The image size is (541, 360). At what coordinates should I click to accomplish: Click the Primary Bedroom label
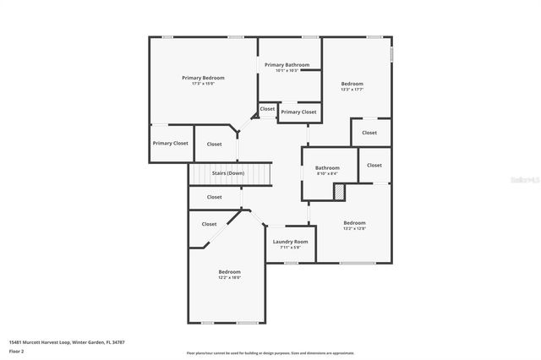point(203,78)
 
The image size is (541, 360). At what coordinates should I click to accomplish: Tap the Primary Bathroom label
point(287,65)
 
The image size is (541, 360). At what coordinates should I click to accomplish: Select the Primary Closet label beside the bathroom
point(298,112)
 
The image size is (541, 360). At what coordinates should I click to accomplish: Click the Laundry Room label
point(290,242)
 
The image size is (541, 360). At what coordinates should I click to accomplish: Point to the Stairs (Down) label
point(228,173)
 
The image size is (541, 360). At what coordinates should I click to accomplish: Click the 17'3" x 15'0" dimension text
point(203,84)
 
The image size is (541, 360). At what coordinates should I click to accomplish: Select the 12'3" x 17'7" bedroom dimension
point(352,90)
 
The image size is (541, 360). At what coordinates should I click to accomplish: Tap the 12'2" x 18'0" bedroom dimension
point(230,277)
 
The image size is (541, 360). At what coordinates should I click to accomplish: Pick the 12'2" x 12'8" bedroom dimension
point(354,228)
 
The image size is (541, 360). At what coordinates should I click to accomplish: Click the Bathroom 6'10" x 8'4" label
point(328,168)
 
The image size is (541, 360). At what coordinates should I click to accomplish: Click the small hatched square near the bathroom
point(339,193)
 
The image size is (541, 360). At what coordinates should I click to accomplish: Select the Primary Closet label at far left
point(171,144)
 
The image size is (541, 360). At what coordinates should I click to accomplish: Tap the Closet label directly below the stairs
point(215,197)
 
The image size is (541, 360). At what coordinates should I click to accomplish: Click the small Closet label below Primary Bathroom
point(267,109)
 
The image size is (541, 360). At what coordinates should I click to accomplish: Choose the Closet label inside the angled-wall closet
point(209,224)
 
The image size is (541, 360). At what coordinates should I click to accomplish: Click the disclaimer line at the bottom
point(270,352)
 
